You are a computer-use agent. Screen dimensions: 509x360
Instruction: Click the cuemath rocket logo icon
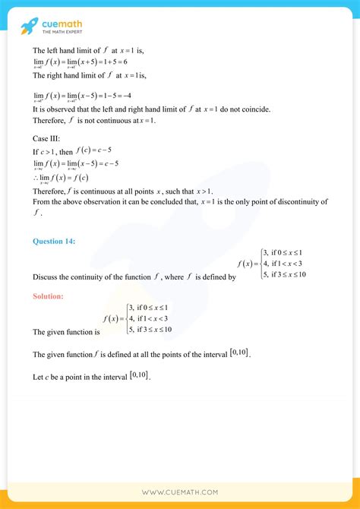click(30, 26)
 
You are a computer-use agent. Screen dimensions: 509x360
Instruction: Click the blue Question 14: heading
click(54, 242)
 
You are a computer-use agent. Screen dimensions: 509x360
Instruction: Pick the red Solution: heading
click(48, 296)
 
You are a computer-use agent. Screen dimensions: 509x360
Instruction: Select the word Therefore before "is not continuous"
click(51, 121)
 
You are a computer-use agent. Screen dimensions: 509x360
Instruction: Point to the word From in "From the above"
click(41, 201)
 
